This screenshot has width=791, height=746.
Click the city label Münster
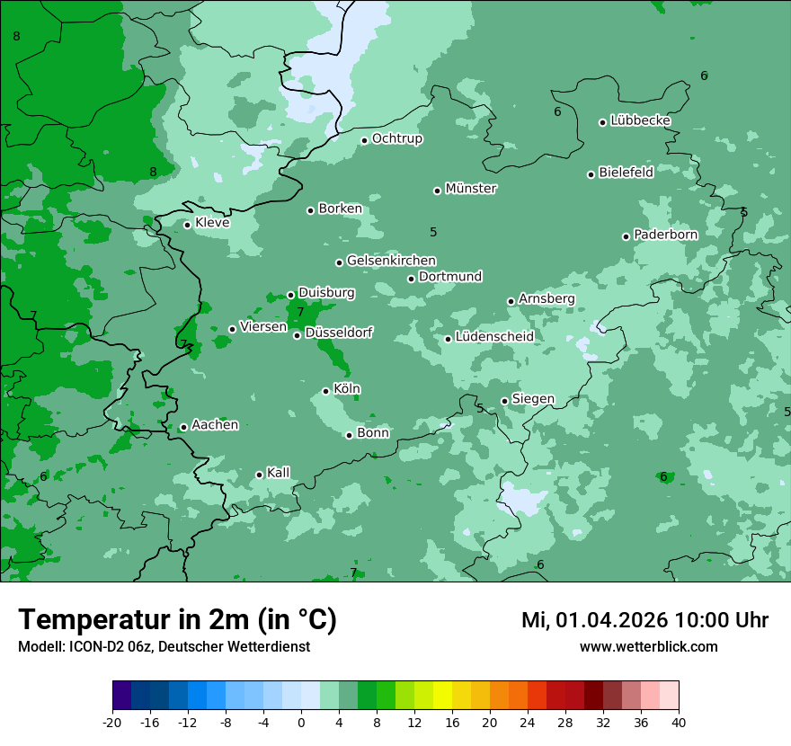coord(470,189)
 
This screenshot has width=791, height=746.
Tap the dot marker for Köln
coord(325,391)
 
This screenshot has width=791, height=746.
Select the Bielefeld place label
coord(626,172)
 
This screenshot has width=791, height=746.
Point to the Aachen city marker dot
coord(183,427)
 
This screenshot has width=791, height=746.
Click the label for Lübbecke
coord(640,120)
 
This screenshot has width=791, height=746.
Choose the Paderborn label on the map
coord(665,235)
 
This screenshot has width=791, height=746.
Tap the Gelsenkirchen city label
coord(391,261)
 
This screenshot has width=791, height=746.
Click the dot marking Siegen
coord(504,401)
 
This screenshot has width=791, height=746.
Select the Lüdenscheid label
coord(494,337)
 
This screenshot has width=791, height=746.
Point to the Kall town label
coord(278,473)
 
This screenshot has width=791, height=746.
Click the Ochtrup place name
coord(396,138)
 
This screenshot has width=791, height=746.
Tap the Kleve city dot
coord(187,225)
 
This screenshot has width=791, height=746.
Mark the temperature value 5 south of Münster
coord(433,232)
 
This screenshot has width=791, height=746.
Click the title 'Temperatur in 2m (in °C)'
coord(177,620)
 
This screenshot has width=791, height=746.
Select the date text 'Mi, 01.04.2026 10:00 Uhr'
coord(644,620)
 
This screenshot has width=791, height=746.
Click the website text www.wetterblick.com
coord(648,646)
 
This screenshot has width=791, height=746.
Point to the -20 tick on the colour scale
coord(112,722)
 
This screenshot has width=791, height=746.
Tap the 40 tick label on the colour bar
coord(678,722)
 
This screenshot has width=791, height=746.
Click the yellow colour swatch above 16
coord(442,696)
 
